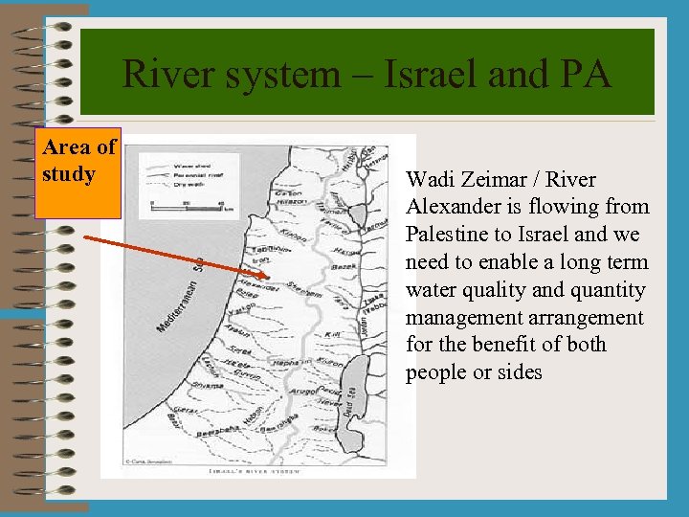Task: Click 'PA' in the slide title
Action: (585, 74)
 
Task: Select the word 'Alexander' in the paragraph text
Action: (448, 207)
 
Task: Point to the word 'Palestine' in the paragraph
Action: (446, 235)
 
